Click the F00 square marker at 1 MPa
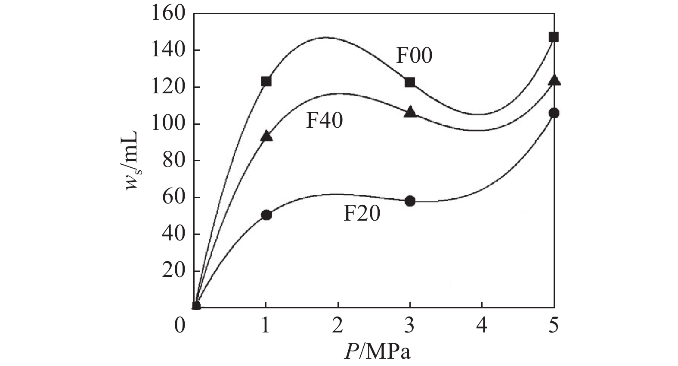click(266, 81)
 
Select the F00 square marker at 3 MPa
click(410, 82)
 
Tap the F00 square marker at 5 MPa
click(554, 37)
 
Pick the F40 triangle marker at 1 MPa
click(266, 136)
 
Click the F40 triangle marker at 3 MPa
click(410, 111)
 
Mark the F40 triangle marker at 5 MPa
click(554, 80)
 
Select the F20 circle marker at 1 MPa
click(266, 215)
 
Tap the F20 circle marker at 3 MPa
click(410, 201)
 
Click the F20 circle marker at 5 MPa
click(554, 114)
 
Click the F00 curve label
click(415, 56)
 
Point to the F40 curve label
click(325, 121)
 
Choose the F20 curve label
click(362, 214)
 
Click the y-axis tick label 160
click(168, 14)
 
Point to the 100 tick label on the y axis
click(168, 124)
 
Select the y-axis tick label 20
click(173, 271)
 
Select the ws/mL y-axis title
click(132, 160)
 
